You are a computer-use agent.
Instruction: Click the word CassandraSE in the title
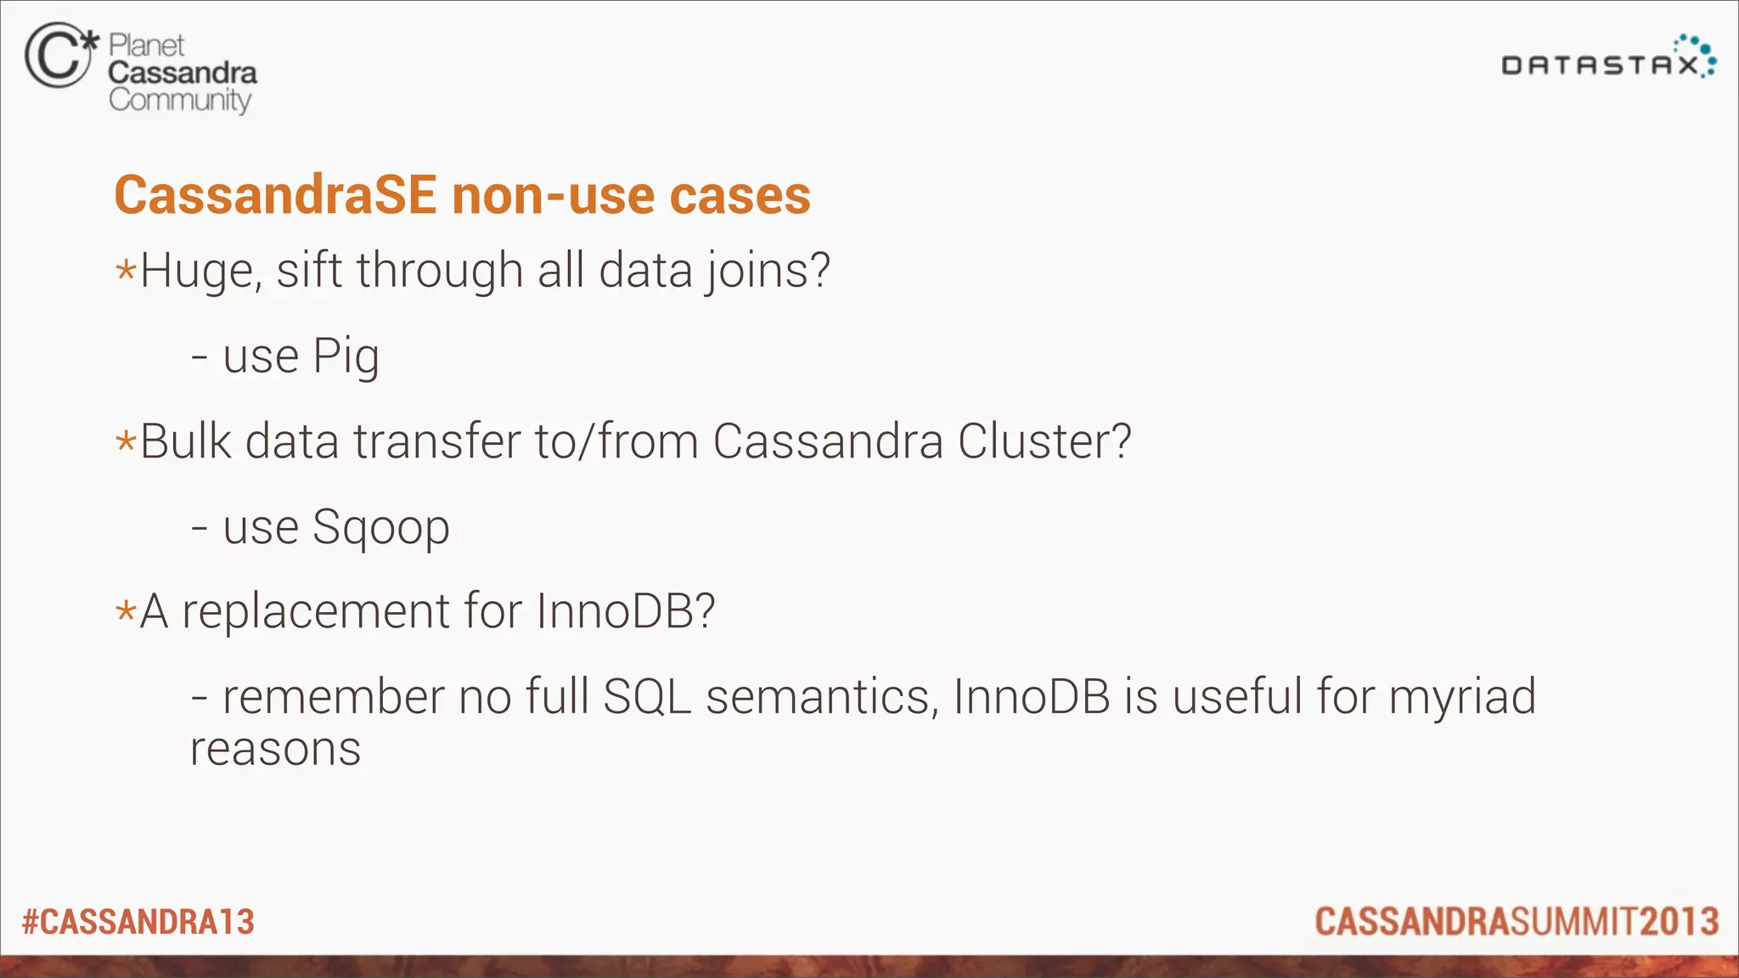coord(275,195)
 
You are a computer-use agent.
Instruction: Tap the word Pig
coord(346,357)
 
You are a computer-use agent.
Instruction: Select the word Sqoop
coord(380,528)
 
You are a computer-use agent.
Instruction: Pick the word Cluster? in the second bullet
coord(1044,441)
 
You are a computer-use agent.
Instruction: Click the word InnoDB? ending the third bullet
coord(626,611)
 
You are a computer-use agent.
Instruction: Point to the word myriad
coord(1462,698)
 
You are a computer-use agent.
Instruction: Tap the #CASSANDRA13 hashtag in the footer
coord(138,922)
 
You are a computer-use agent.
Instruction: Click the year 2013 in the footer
coord(1679,922)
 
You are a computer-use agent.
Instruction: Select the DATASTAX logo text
coord(1600,65)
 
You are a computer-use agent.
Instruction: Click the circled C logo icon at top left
coord(58,55)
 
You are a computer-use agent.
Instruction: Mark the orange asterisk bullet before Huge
coord(126,272)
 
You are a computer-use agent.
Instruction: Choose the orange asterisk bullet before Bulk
coord(126,442)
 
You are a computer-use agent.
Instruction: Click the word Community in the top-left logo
coord(180,100)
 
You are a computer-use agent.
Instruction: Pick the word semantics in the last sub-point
coord(822,697)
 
